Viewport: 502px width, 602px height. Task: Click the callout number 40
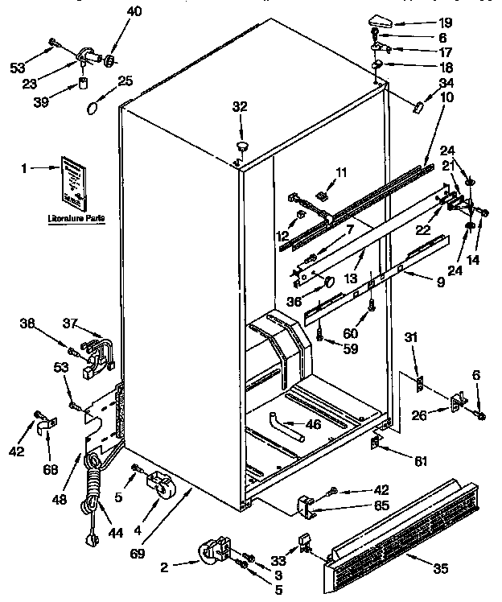[x=134, y=11]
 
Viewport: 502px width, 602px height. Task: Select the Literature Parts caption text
[x=76, y=218]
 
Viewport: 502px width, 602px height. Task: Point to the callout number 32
[x=240, y=105]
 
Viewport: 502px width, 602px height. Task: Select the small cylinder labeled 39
[x=83, y=85]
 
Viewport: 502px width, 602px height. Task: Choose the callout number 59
[x=352, y=349]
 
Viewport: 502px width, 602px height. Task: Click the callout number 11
[x=341, y=172]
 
